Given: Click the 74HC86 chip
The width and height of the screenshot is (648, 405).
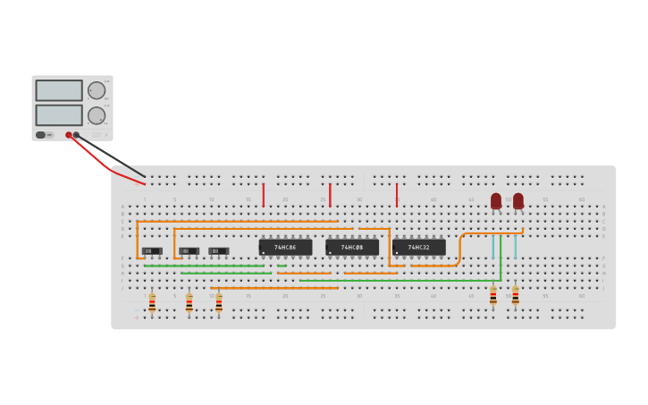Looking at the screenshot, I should [285, 247].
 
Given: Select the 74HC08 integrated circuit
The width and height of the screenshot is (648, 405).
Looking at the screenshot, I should [351, 247].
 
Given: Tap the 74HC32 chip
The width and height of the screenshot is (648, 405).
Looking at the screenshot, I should [418, 247].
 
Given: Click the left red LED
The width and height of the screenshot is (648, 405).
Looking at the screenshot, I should [496, 200].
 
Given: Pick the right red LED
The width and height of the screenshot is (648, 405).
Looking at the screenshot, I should [518, 200].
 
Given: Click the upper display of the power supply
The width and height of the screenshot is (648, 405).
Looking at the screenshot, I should [59, 90].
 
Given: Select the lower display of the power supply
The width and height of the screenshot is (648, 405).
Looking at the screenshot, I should [59, 114].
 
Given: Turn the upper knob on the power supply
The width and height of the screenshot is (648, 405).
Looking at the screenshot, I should [97, 90].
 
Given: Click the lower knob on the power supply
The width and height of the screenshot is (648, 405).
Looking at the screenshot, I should [97, 115].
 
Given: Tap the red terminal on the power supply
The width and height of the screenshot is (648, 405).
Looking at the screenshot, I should [68, 135].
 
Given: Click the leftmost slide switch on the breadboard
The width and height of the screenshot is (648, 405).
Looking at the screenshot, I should [152, 251].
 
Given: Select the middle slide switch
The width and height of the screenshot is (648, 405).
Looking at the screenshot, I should [189, 251].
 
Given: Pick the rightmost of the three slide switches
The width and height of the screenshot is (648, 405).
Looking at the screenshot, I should [218, 251].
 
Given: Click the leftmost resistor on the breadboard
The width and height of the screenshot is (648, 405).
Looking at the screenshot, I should [152, 303].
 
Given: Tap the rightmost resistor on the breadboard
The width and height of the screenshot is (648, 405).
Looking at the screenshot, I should [515, 296].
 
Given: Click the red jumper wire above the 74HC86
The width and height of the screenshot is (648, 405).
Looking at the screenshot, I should [264, 195].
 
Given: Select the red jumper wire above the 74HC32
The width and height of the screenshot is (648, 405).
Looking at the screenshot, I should [397, 195].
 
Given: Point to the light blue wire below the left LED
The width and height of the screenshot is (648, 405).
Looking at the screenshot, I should [492, 247].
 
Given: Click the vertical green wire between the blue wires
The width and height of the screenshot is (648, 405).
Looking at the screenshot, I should [501, 257].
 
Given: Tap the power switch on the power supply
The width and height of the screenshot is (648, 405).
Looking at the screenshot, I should [41, 135].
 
